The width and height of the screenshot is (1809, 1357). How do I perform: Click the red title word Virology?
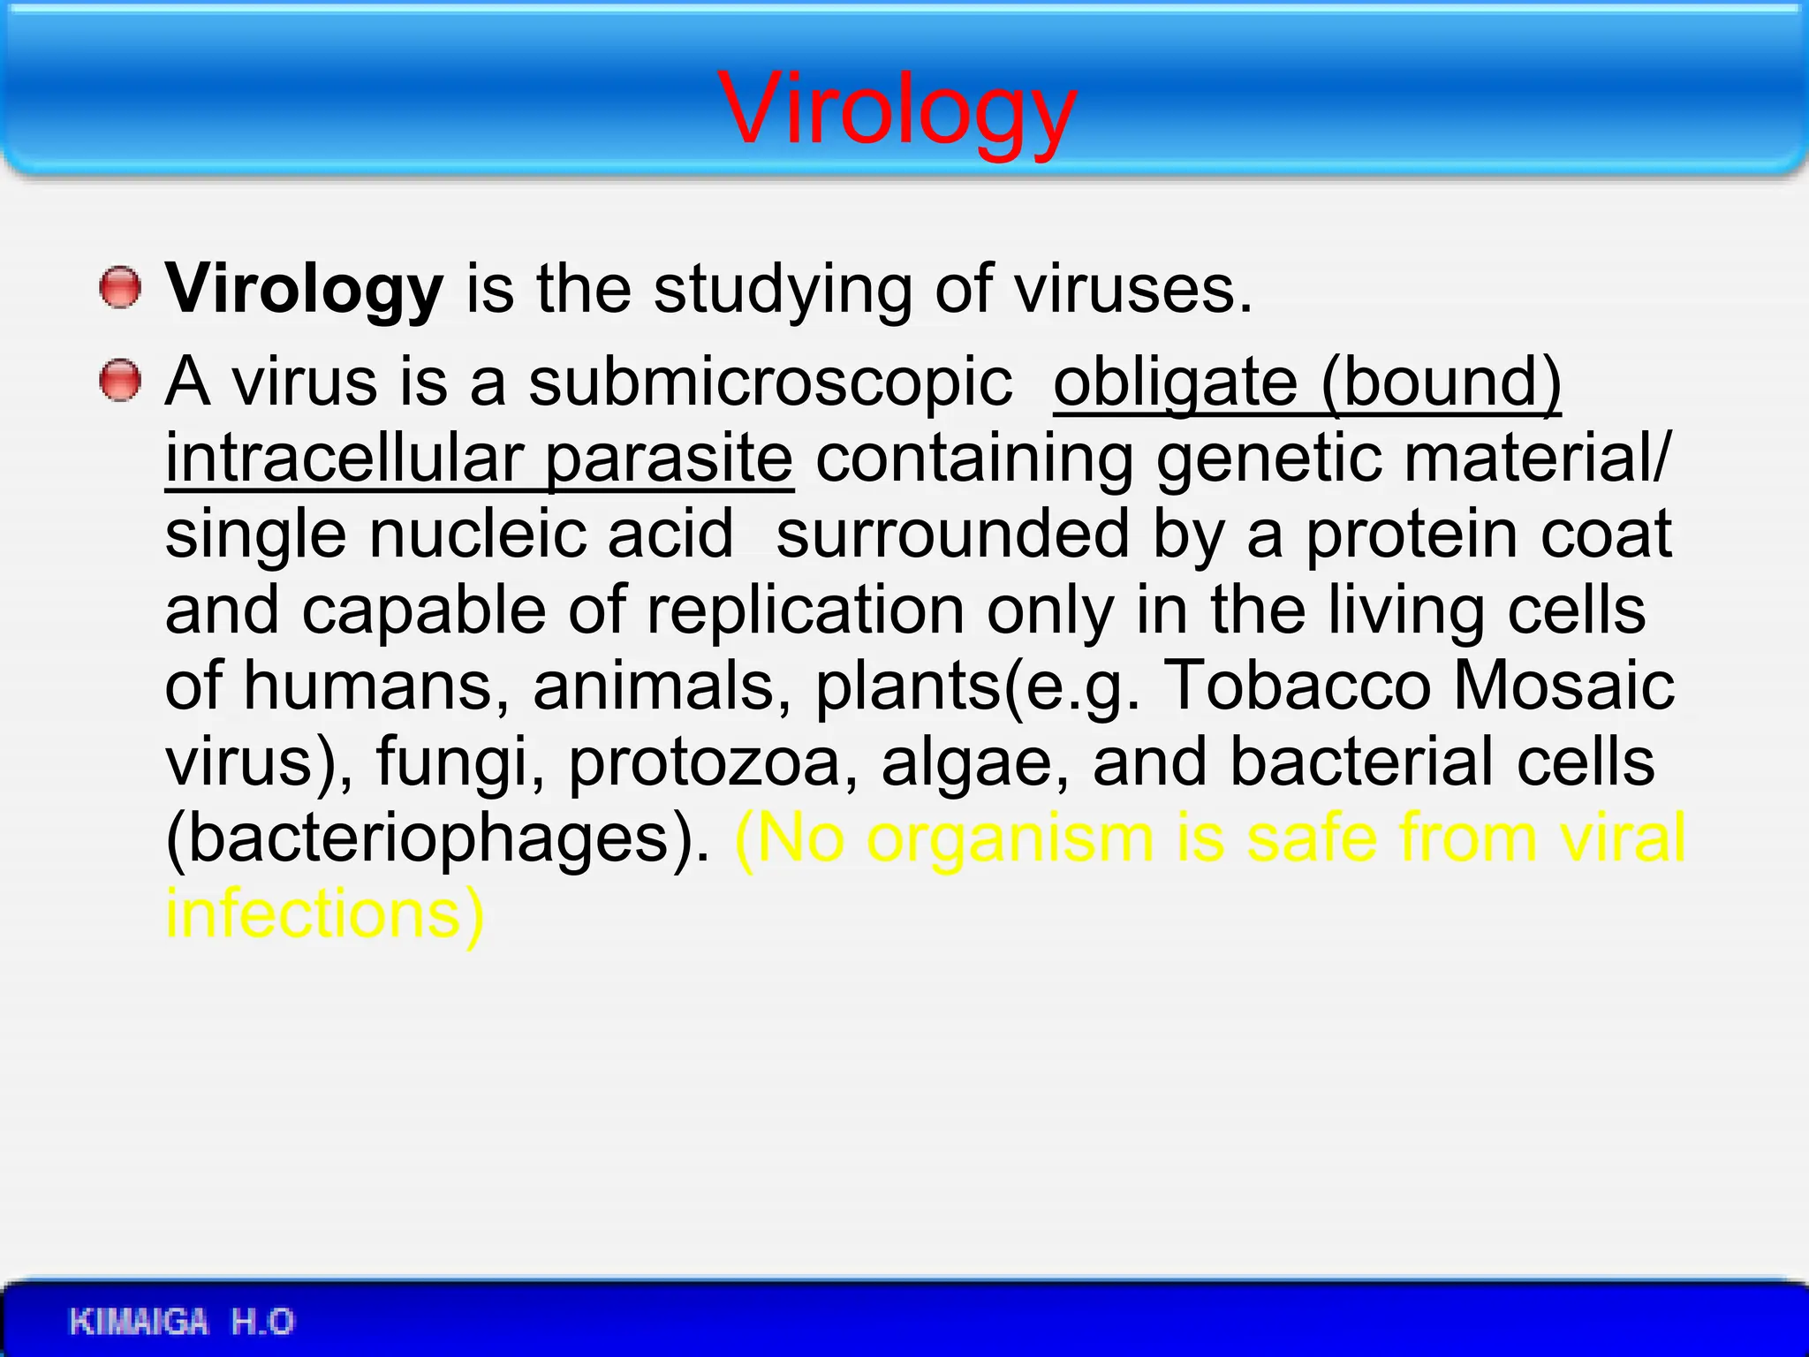click(x=897, y=110)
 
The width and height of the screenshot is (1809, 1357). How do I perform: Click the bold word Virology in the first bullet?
click(x=304, y=290)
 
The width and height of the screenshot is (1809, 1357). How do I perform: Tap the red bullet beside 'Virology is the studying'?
click(x=119, y=289)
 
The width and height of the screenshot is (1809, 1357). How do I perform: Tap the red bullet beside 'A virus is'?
click(x=119, y=382)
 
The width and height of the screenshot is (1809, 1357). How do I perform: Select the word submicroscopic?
click(x=770, y=383)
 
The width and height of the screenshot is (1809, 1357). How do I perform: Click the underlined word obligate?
click(x=1175, y=383)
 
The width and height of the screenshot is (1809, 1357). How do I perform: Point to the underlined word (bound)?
click(x=1442, y=383)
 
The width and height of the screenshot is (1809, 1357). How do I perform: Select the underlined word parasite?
click(x=669, y=459)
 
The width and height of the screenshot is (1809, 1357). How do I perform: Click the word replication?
click(x=806, y=610)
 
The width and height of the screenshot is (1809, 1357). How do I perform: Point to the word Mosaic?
click(x=1563, y=686)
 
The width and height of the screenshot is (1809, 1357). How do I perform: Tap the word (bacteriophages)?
click(x=437, y=838)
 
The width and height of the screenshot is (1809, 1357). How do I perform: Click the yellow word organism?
click(x=1010, y=838)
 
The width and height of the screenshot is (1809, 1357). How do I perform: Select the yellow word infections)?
click(x=325, y=914)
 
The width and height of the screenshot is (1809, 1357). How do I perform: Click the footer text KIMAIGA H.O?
click(x=181, y=1322)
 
